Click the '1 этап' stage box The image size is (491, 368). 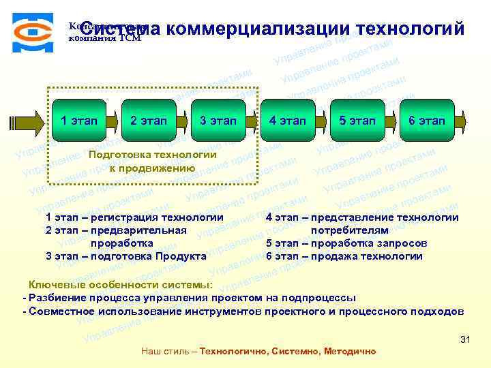pos(79,121)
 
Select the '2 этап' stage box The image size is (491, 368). pos(149,121)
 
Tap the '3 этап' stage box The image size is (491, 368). pos(218,121)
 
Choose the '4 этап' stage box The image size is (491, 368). pos(288,121)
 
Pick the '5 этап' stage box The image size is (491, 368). pos(357,121)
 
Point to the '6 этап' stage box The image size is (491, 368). pos(427,121)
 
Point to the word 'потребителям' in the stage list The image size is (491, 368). pos(349,230)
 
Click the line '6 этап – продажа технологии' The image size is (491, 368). pos(344,256)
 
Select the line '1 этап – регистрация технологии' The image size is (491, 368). pos(134,217)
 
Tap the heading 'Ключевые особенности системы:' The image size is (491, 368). pos(120,285)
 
